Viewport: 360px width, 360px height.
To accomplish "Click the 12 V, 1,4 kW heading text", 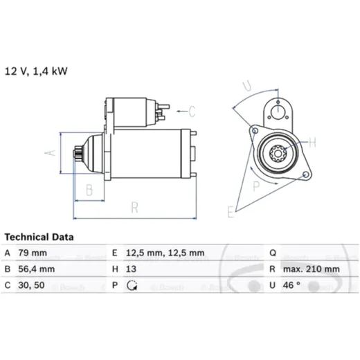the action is coord(36,71).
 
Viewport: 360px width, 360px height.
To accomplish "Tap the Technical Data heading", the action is coord(39,237).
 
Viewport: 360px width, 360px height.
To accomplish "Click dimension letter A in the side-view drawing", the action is coord(51,153).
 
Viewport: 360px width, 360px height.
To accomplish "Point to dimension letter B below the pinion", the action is coord(89,190).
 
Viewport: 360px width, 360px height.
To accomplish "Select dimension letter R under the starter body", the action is coord(134,208).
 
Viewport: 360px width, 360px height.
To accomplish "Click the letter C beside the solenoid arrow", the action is coord(192,111).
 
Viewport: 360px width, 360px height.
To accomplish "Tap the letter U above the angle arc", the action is coord(247,86).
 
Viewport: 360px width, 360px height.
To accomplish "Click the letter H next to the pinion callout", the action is coord(312,142).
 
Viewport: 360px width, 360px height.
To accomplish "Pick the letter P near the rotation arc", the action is coord(256,186).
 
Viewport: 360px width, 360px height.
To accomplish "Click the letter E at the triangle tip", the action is coord(231,212).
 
